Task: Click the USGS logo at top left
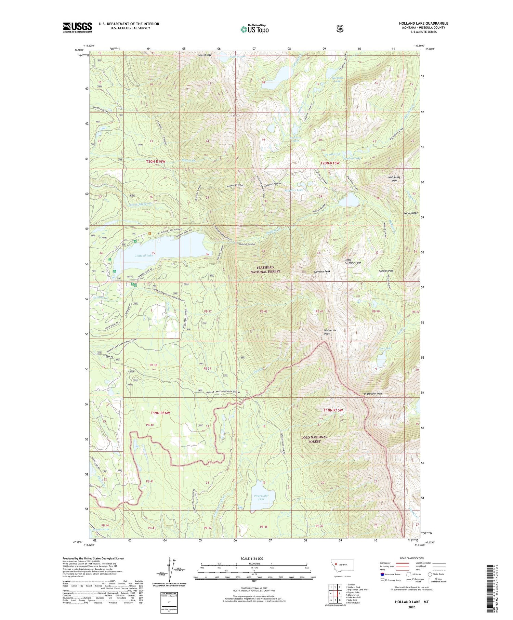(77, 27)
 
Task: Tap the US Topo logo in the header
(254, 29)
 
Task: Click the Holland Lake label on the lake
(144, 256)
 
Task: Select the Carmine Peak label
(322, 272)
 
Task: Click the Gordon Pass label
(386, 271)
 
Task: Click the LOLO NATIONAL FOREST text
(314, 439)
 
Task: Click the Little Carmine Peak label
(353, 261)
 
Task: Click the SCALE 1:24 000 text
(252, 559)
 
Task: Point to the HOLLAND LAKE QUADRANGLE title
(423, 24)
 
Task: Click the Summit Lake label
(101, 530)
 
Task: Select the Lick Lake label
(385, 348)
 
